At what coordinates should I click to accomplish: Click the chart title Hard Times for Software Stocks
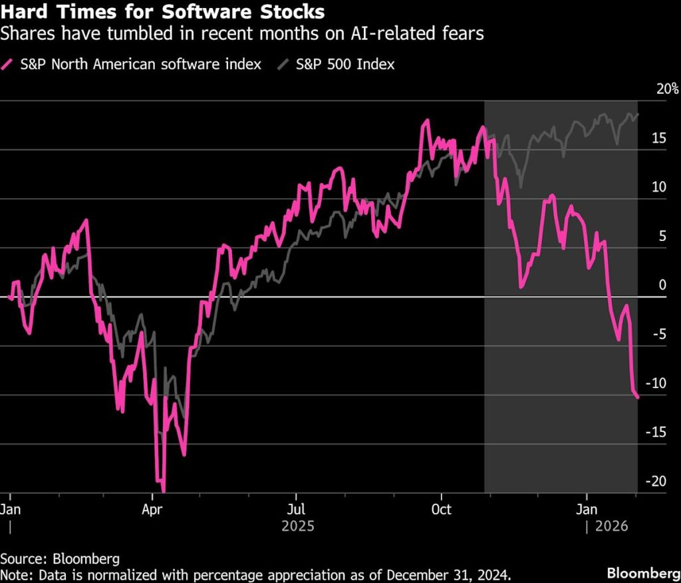pos(163,12)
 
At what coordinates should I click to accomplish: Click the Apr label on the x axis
pos(153,510)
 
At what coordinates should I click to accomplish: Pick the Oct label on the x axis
pos(441,510)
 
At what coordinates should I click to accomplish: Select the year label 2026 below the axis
pos(610,526)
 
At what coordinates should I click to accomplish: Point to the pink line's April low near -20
pos(163,491)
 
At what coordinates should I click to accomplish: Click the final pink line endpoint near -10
pos(638,397)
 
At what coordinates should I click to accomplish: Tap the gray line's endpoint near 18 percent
pos(638,114)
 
